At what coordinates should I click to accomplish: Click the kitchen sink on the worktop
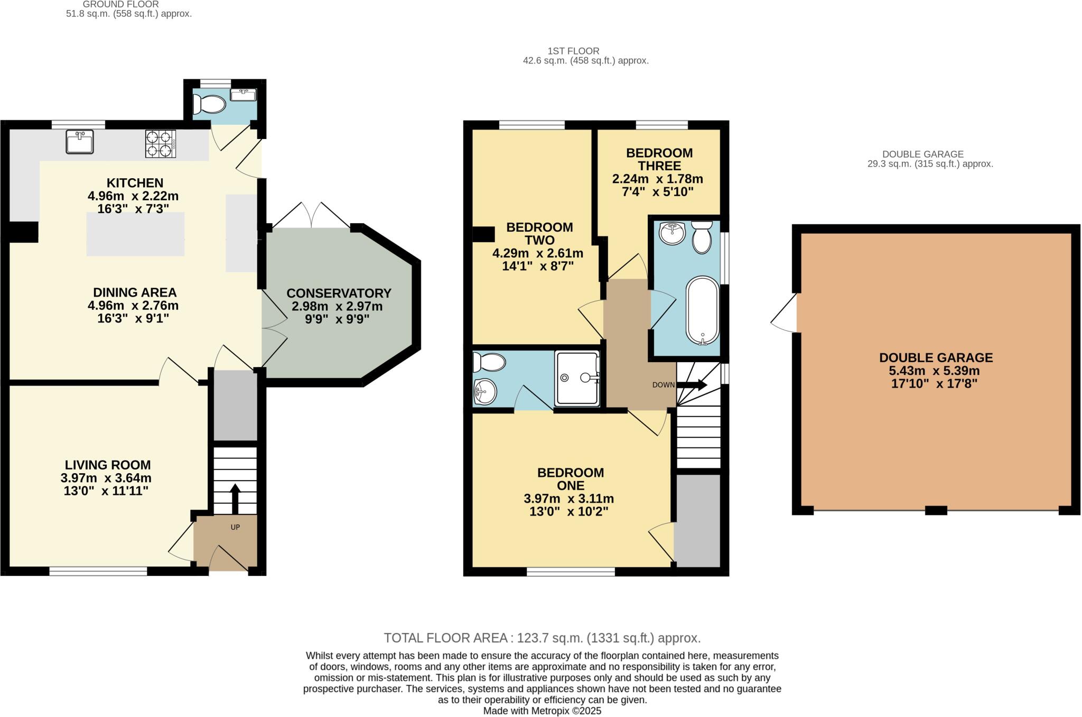click(80, 142)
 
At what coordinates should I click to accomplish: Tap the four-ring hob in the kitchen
click(160, 144)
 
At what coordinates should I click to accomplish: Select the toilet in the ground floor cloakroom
click(210, 104)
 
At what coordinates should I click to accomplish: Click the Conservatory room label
click(339, 293)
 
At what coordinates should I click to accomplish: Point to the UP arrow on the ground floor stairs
click(235, 498)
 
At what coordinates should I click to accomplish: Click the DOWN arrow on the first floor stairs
click(692, 385)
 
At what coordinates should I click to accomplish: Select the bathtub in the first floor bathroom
click(702, 311)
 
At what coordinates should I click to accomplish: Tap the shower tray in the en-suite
click(577, 378)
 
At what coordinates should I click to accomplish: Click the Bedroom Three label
click(659, 159)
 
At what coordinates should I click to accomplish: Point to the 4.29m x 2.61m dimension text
click(538, 253)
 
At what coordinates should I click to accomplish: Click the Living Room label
click(108, 465)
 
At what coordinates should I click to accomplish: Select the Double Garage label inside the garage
click(936, 357)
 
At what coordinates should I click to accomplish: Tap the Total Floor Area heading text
click(542, 638)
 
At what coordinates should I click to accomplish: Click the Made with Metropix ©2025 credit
click(542, 711)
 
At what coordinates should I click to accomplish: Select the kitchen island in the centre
click(135, 234)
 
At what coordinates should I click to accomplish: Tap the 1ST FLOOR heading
click(573, 51)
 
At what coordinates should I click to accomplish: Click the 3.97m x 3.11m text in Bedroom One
click(568, 499)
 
